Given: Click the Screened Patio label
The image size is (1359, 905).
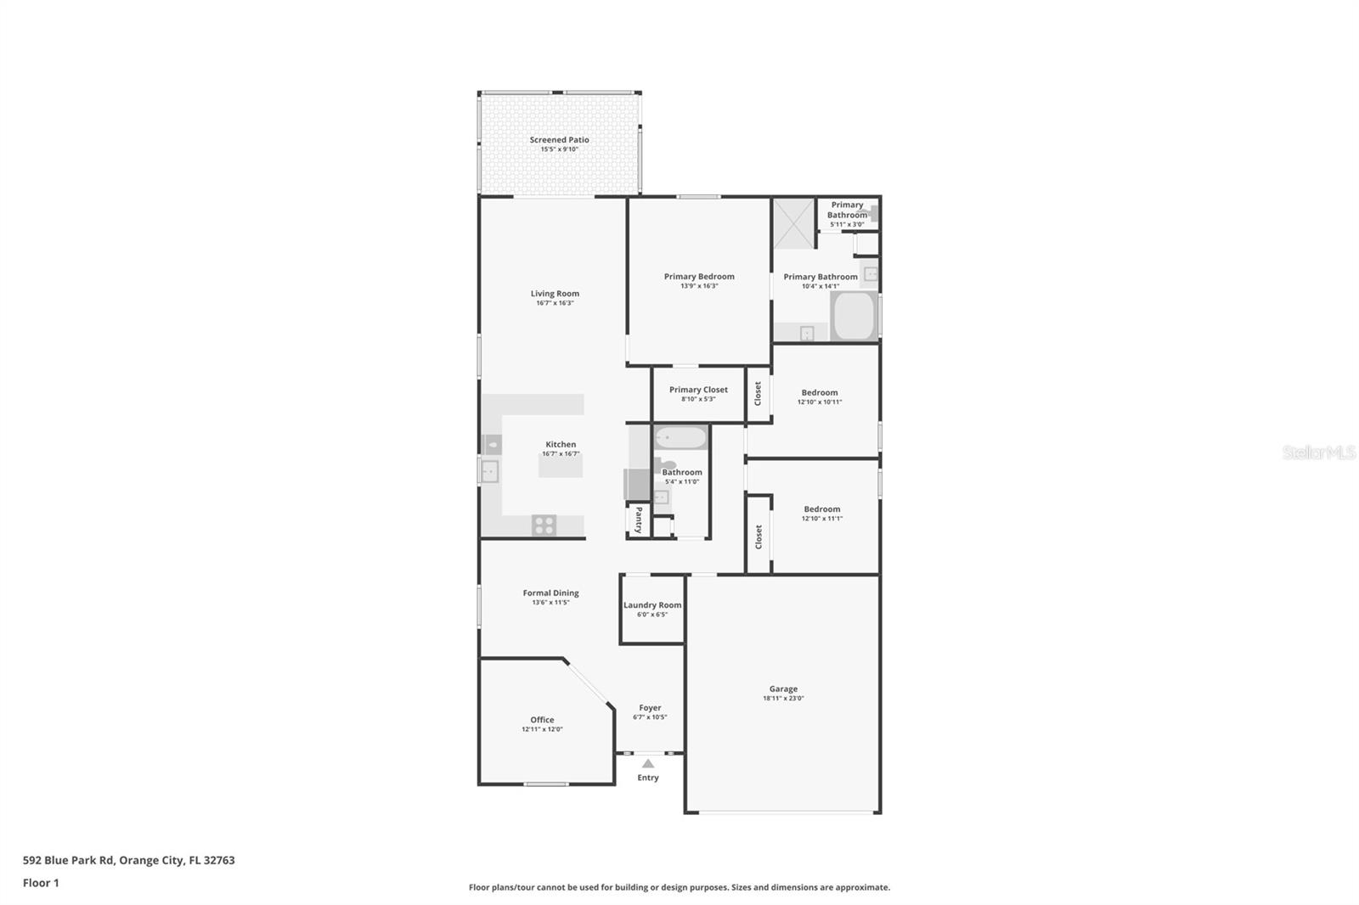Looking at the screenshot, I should click(559, 140).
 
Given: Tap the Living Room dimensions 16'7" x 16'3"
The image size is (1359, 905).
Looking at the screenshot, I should click(555, 303).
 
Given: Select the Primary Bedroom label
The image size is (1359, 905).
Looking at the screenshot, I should click(699, 276).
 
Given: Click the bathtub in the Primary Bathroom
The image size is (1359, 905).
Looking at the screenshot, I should click(854, 317).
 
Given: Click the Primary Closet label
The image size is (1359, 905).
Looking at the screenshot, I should click(698, 390).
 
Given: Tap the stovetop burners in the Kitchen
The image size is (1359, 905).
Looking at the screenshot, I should click(544, 526).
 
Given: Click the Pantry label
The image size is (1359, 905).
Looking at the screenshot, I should click(639, 520).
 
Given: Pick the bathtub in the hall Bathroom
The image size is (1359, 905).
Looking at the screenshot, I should click(680, 438).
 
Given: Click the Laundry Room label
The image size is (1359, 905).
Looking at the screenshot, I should click(652, 605).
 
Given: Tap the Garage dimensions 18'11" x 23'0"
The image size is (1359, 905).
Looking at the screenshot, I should click(783, 699).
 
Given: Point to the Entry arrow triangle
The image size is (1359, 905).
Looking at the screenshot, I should click(648, 764).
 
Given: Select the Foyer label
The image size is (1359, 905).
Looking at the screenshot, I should click(650, 707).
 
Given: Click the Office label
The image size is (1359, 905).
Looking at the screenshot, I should click(542, 720).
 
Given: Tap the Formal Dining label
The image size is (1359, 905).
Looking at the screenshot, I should click(550, 593).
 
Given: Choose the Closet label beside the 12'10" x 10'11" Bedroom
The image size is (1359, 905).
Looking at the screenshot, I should click(758, 393).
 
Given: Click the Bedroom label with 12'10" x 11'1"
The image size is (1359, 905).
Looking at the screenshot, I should click(822, 509).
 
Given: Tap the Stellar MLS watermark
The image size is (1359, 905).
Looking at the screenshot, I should click(1318, 452).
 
